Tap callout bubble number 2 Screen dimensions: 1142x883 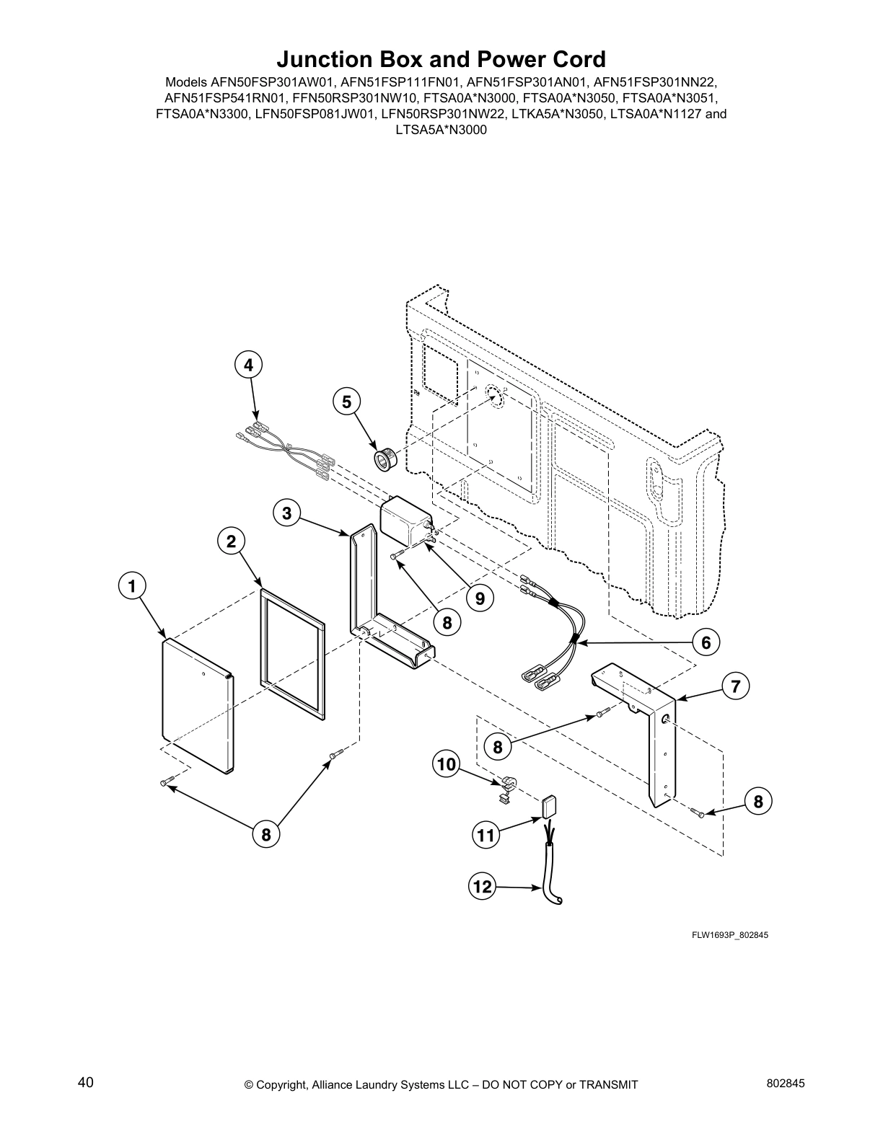pyautogui.click(x=231, y=541)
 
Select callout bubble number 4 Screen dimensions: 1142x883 pyautogui.click(x=248, y=365)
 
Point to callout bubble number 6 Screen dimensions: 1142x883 pyautogui.click(x=706, y=642)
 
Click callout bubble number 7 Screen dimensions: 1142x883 pyautogui.click(x=735, y=686)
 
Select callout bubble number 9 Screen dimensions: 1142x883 pyautogui.click(x=479, y=597)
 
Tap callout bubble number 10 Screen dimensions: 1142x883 pyautogui.click(x=447, y=764)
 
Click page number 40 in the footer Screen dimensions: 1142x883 pyautogui.click(x=85, y=1082)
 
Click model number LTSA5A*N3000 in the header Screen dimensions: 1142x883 pyautogui.click(x=441, y=130)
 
